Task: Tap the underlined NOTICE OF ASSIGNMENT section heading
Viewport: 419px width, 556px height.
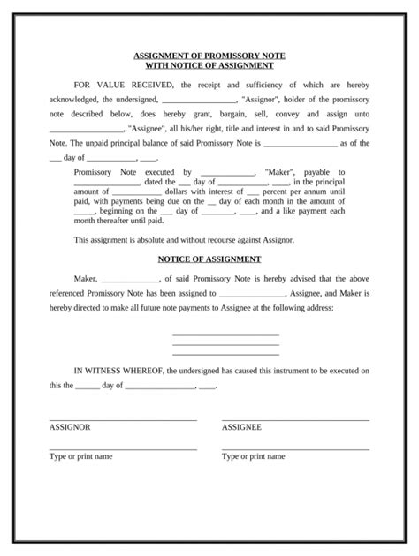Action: pyautogui.click(x=209, y=259)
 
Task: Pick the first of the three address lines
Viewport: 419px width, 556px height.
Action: pyautogui.click(x=225, y=334)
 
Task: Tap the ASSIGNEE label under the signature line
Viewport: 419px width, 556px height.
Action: pyautogui.click(x=241, y=426)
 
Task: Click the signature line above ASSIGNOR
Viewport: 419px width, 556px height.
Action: pyautogui.click(x=123, y=418)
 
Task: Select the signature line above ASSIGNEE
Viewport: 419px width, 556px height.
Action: pyautogui.click(x=295, y=418)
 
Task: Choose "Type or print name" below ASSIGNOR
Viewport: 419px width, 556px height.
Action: pyautogui.click(x=80, y=456)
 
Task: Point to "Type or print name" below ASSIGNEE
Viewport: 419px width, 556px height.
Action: pyautogui.click(x=253, y=456)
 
